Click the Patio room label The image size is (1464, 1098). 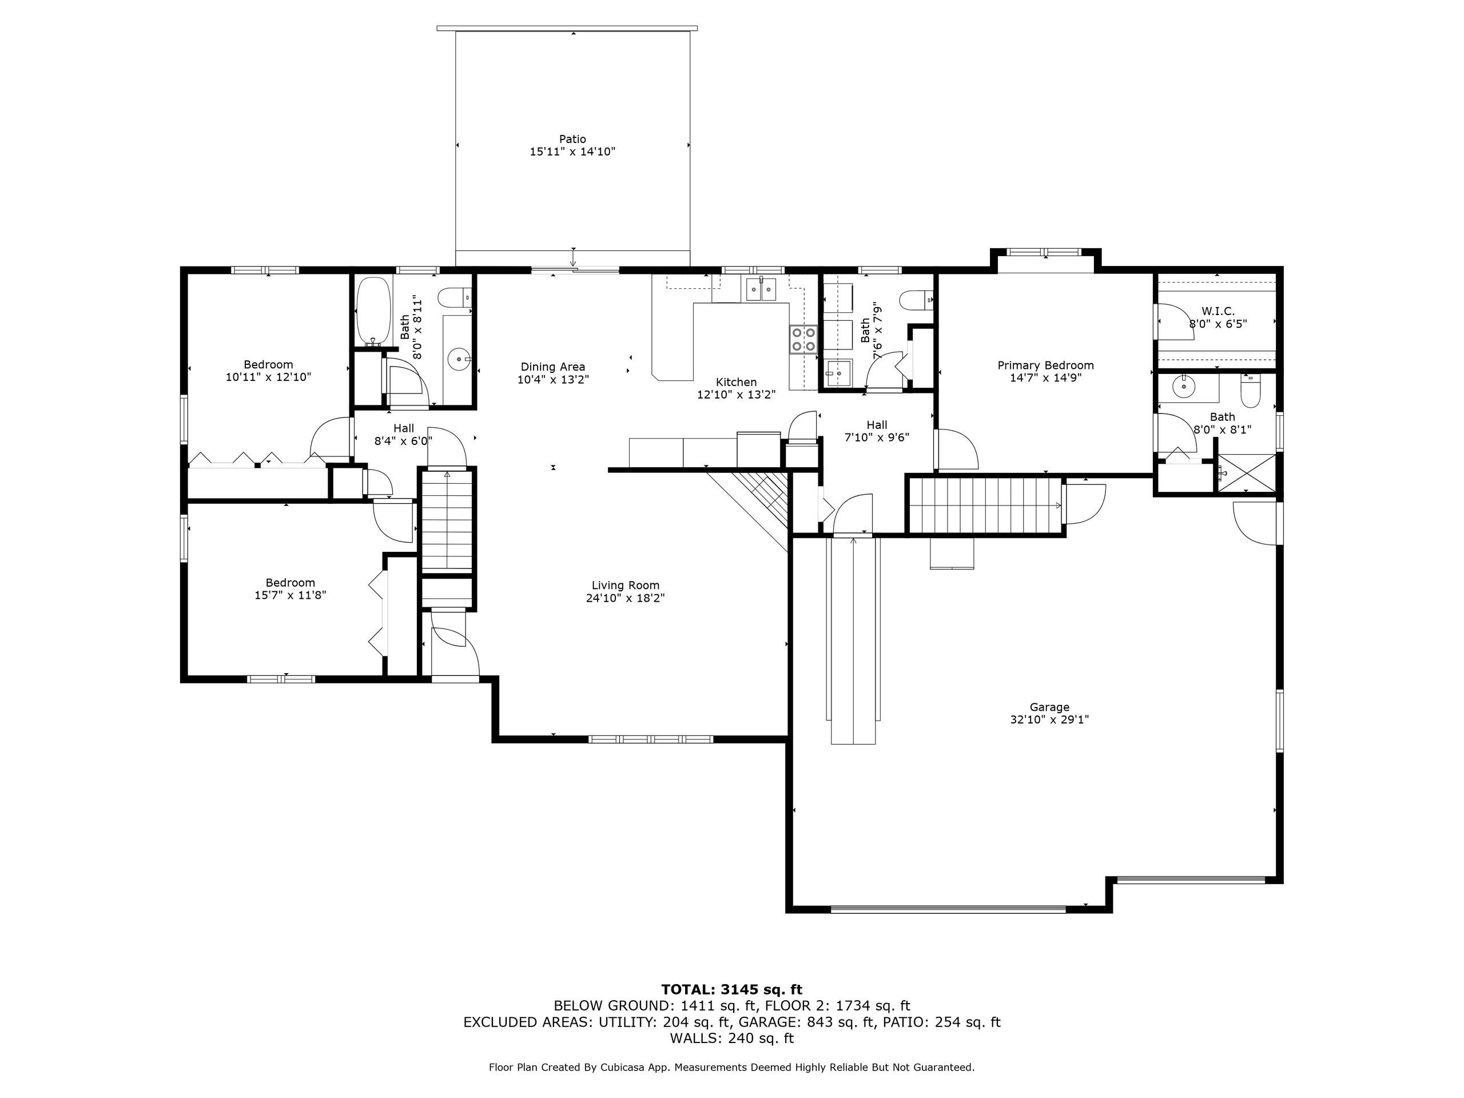[x=572, y=139]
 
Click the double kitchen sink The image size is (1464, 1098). [x=761, y=289]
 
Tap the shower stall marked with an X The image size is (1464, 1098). [x=1247, y=472]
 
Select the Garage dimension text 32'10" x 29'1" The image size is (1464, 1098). [x=1049, y=719]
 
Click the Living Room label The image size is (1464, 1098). [x=626, y=585]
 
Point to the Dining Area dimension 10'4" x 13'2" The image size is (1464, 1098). [x=552, y=379]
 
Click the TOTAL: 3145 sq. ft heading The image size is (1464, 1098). [x=731, y=989]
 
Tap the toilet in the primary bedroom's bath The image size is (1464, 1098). [x=1251, y=392]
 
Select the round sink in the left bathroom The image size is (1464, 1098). [x=458, y=359]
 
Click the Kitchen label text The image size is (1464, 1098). [x=736, y=382]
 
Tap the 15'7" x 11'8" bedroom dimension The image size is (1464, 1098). [x=290, y=595]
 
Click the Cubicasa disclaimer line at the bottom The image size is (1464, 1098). [x=731, y=1067]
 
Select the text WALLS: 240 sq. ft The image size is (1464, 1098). [x=731, y=1039]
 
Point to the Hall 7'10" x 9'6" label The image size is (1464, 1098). [x=877, y=431]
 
